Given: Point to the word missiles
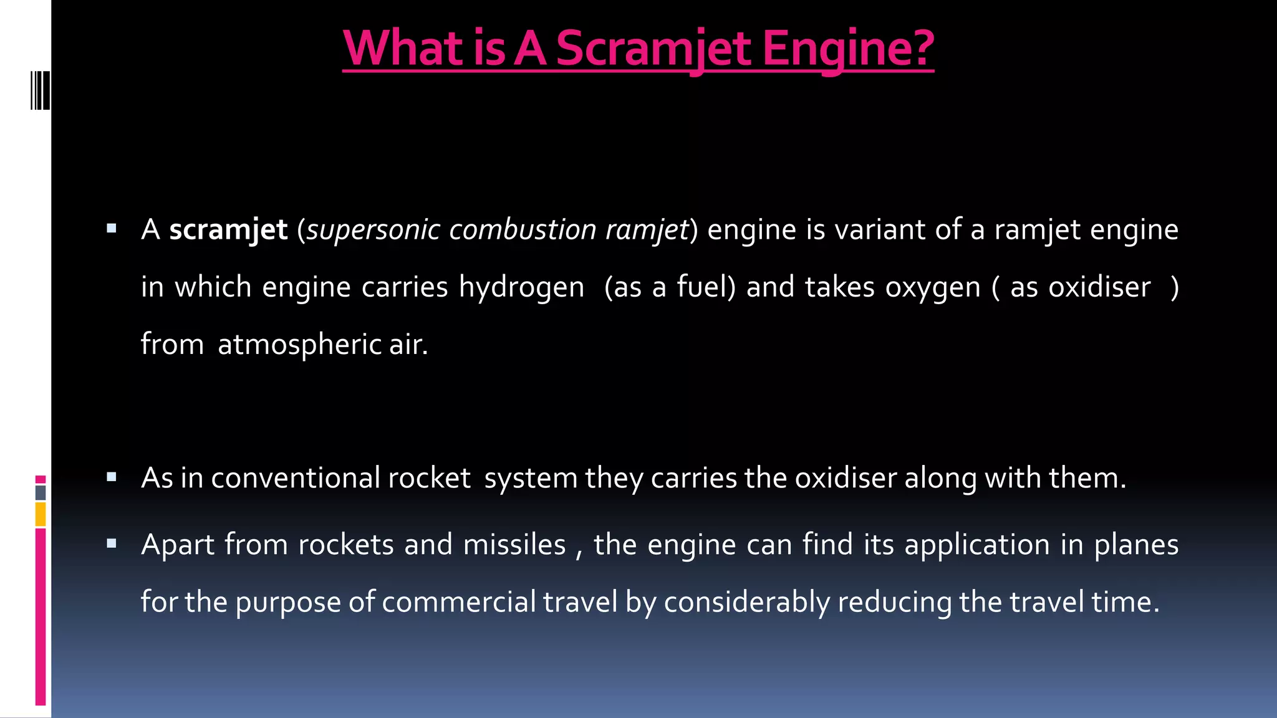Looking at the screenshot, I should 514,545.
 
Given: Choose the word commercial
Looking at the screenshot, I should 459,602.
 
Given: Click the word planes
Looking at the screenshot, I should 1136,545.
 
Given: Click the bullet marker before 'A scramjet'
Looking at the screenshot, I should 112,229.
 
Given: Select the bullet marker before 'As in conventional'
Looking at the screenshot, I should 112,477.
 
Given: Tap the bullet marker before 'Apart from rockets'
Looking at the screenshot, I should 112,544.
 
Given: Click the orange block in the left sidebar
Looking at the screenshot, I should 41,514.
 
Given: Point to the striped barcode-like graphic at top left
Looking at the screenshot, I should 40,90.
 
